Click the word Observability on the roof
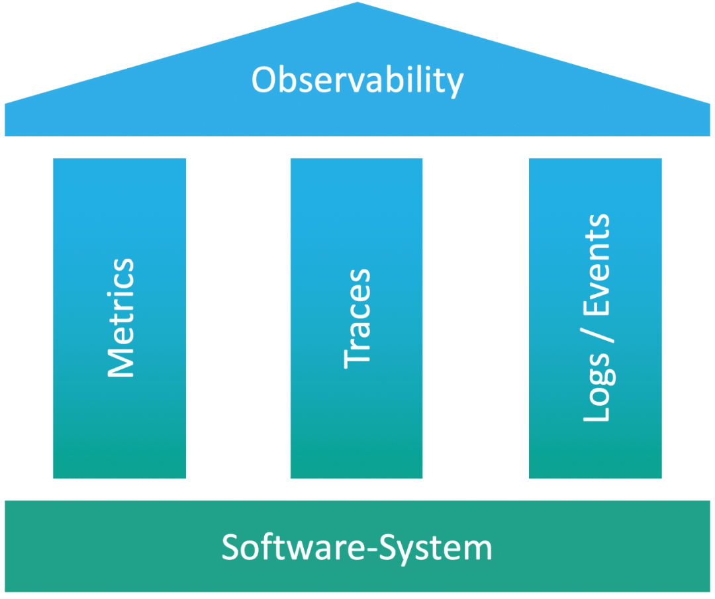[x=358, y=81]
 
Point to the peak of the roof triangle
[x=358, y=2]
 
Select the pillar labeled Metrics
[x=119, y=318]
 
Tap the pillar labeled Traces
[x=357, y=318]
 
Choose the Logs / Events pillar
[x=595, y=318]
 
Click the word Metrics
[x=121, y=318]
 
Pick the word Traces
[x=357, y=318]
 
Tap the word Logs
[x=599, y=387]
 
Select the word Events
[x=596, y=264]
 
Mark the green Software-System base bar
[x=358, y=546]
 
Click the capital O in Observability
[x=264, y=80]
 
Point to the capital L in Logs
[x=596, y=412]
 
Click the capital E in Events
[x=596, y=305]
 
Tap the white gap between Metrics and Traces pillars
[x=238, y=318]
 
